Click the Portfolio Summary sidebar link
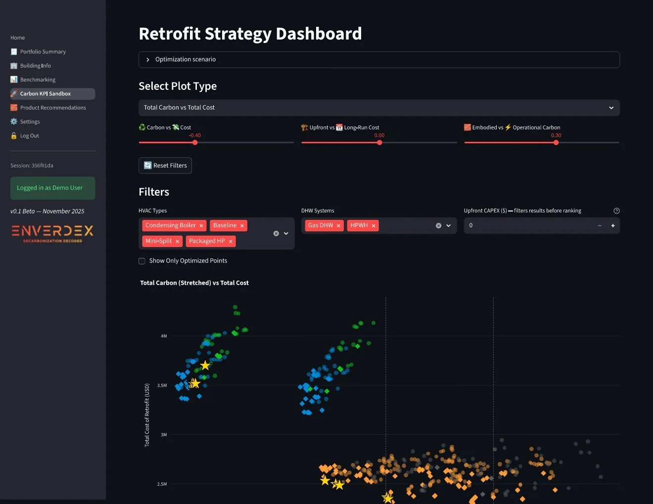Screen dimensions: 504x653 point(43,52)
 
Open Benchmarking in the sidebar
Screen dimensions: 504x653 point(38,80)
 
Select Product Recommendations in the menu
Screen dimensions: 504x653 point(53,108)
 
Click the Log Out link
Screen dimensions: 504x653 point(29,136)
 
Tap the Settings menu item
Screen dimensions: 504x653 point(30,122)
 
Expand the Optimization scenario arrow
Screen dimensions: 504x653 point(147,60)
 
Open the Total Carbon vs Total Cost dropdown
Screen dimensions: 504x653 point(378,108)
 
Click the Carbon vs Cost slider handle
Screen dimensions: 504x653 point(195,142)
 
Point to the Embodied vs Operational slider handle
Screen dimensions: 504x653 point(556,142)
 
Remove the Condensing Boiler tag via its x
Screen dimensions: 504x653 point(201,226)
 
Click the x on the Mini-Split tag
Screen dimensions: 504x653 point(177,242)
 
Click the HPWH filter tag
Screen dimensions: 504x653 point(359,225)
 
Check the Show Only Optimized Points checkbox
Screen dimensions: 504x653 point(142,261)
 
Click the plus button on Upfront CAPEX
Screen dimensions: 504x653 point(613,226)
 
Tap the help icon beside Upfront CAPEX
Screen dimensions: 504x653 point(616,211)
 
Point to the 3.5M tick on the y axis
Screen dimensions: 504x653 point(162,385)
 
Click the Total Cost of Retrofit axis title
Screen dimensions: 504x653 point(147,415)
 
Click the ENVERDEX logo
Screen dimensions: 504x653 point(52,233)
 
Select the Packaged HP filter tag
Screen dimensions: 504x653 point(207,241)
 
